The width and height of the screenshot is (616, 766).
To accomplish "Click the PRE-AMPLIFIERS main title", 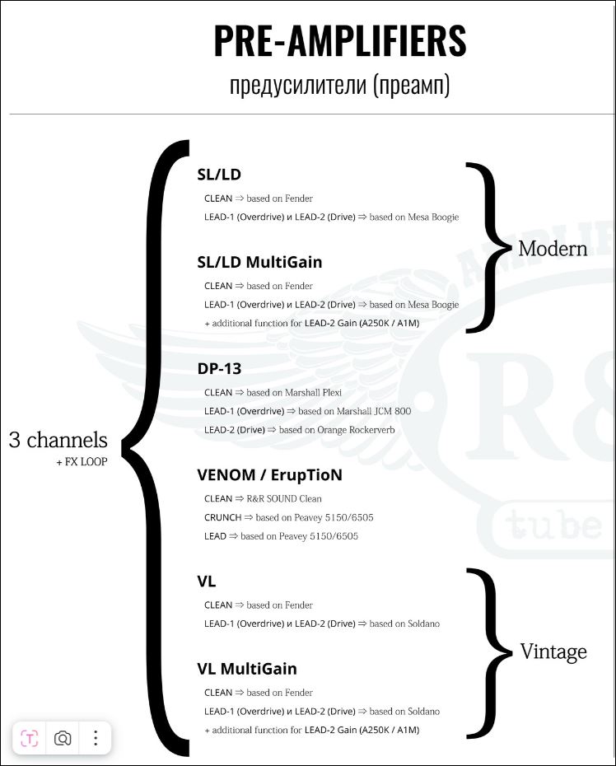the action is click(x=340, y=41).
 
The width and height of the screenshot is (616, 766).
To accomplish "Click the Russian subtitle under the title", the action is click(x=339, y=85).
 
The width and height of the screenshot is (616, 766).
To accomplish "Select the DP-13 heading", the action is click(x=219, y=368).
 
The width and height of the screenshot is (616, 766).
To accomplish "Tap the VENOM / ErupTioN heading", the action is click(x=269, y=475).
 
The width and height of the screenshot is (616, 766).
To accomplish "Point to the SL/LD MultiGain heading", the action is click(x=259, y=262).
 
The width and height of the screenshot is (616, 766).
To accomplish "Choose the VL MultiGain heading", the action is click(x=247, y=668).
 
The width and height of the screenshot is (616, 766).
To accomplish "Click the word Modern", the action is click(x=553, y=249).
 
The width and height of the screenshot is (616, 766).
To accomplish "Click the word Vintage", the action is click(x=553, y=652).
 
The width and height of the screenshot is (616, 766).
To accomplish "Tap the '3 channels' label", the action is click(x=58, y=440).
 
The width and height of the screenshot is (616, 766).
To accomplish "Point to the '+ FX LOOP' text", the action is click(x=82, y=461).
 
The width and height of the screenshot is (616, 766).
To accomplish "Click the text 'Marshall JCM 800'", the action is click(x=374, y=411).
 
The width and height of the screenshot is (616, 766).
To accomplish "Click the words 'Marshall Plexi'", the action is click(x=313, y=392).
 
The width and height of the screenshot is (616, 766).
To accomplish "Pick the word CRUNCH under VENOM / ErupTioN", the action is click(x=222, y=517).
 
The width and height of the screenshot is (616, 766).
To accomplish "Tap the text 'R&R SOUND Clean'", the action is click(x=284, y=499).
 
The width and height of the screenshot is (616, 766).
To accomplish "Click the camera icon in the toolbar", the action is click(x=63, y=738).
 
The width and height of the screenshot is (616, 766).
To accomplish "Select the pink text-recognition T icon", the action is click(x=30, y=738).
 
